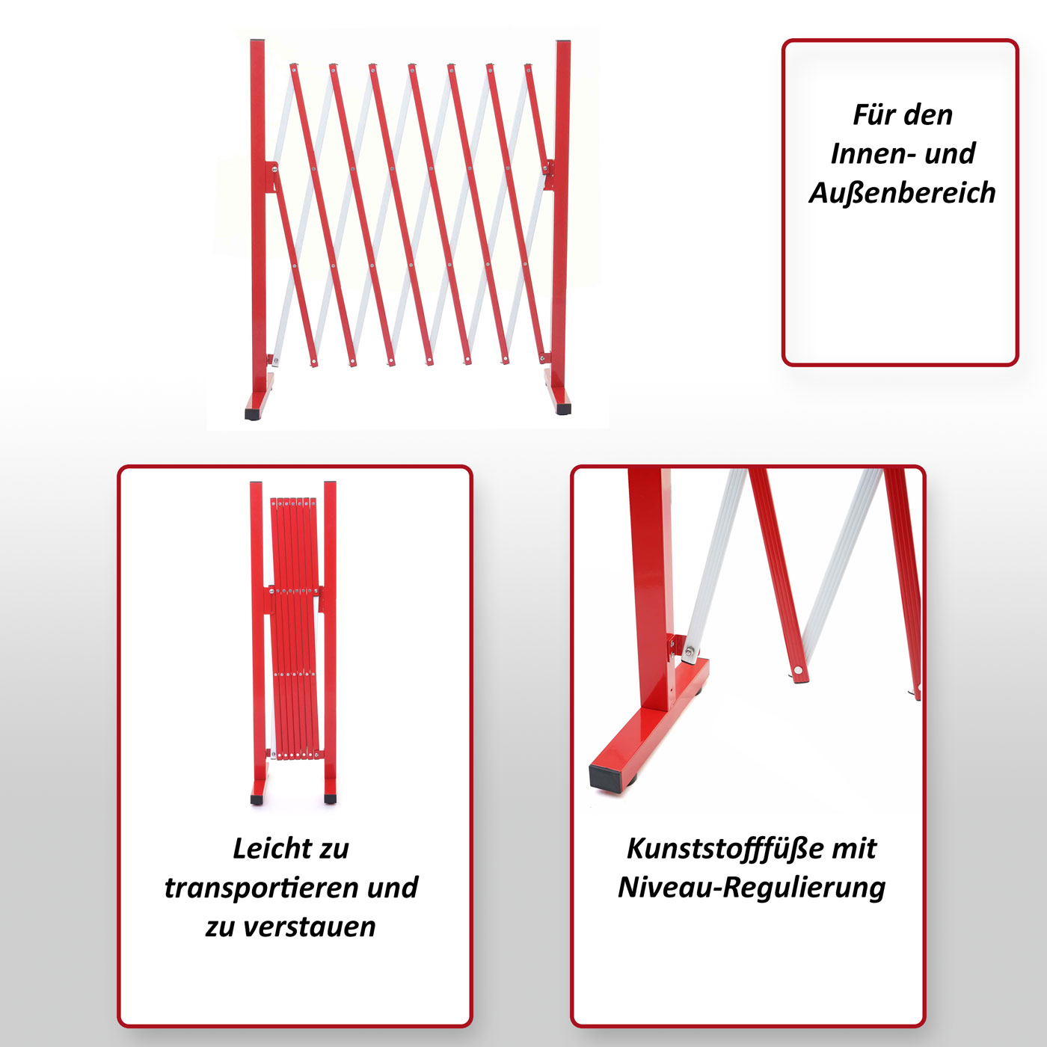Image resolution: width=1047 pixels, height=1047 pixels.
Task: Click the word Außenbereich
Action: coord(902,193)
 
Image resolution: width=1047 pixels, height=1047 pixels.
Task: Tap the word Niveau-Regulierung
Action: coord(752,888)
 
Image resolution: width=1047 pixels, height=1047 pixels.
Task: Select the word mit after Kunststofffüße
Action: coord(855,849)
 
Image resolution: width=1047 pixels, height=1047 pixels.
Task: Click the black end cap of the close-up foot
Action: coord(607,779)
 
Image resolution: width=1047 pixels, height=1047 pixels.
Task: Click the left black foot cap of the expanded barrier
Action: coord(253,414)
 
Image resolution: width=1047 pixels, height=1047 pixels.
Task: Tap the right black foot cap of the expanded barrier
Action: coord(563,408)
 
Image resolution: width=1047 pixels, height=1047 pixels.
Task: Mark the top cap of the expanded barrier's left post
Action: coord(257,40)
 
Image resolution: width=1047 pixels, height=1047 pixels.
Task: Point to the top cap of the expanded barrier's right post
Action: coord(563,41)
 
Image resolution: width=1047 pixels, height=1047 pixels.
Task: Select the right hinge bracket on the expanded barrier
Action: coord(549,174)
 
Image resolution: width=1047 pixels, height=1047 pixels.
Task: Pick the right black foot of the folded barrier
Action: coord(331,799)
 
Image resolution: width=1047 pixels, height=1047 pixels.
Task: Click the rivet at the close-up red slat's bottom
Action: coord(798,672)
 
